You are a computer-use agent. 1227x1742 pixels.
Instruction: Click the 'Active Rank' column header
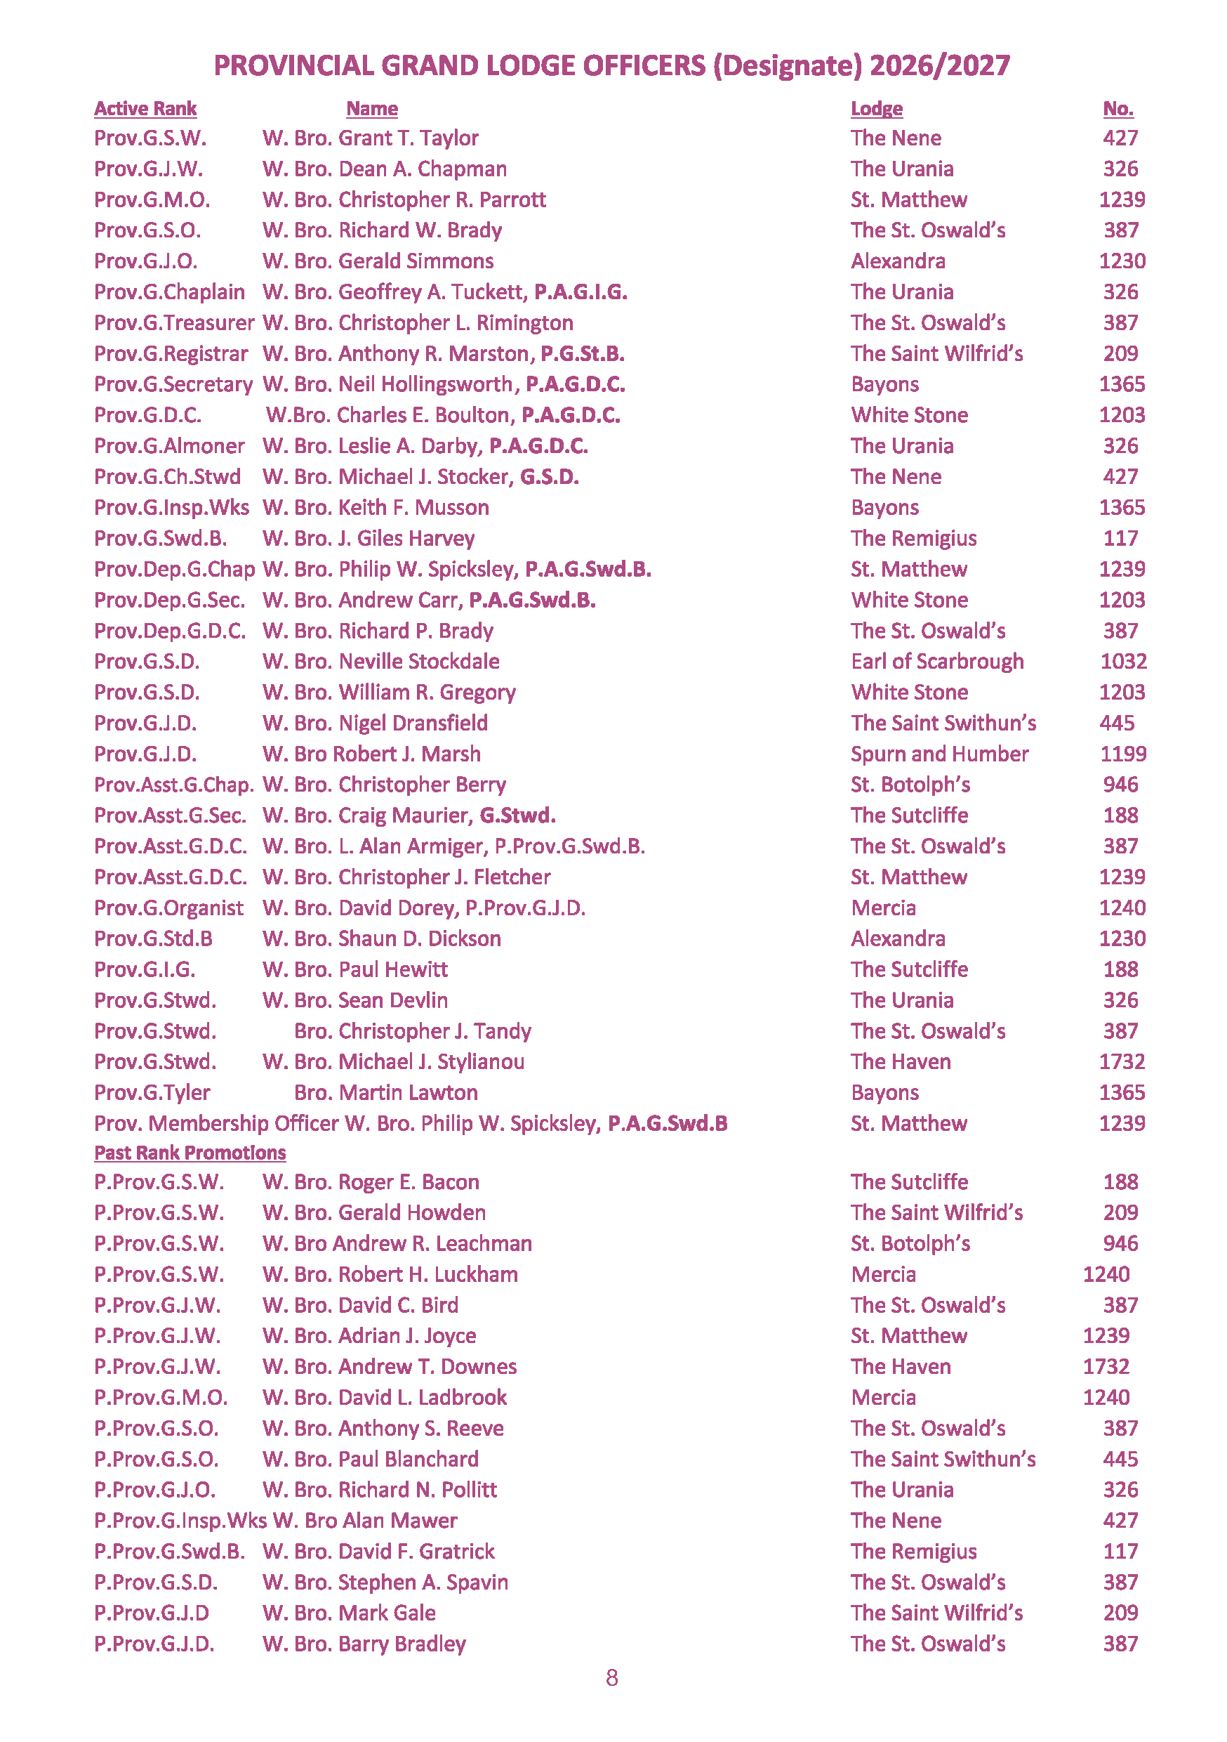coord(145,108)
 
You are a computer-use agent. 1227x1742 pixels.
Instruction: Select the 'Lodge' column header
coord(876,108)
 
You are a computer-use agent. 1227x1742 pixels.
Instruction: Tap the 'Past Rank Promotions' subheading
coord(190,1153)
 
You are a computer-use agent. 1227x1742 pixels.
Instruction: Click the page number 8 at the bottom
coord(612,1677)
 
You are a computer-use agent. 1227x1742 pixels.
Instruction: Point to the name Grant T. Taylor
coord(408,138)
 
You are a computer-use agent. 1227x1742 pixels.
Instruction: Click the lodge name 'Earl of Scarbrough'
coord(936,662)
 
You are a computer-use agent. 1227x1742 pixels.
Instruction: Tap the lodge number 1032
coord(1122,662)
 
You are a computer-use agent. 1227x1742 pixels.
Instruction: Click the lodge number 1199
coord(1122,754)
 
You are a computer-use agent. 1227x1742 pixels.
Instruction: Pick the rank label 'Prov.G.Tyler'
coord(152,1092)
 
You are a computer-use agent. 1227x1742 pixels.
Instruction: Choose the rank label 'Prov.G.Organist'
coord(168,908)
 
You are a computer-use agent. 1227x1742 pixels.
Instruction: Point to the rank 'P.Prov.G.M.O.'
coord(160,1398)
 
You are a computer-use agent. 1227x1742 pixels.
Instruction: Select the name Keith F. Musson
coord(413,508)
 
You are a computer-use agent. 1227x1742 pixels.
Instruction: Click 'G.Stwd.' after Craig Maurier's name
coord(517,816)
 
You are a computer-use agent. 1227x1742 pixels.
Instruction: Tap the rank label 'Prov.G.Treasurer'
coord(173,323)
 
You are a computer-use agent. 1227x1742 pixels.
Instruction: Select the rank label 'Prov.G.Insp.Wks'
coord(171,508)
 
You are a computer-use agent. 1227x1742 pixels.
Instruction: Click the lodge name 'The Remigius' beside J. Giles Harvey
coord(913,539)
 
